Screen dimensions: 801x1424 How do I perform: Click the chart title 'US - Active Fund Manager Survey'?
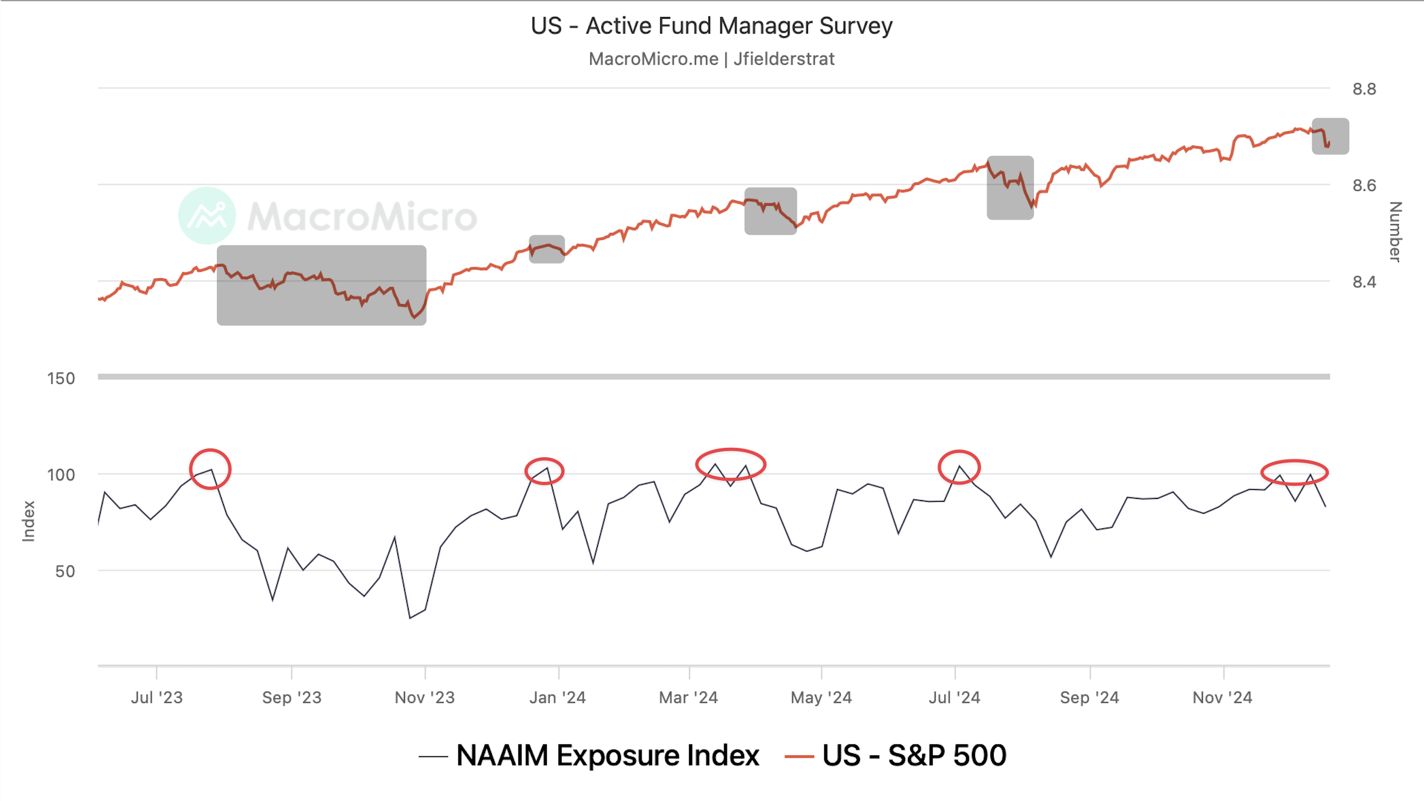click(x=711, y=26)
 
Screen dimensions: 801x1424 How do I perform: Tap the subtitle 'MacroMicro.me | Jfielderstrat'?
click(x=711, y=59)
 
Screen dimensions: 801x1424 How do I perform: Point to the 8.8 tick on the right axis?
click(x=1363, y=89)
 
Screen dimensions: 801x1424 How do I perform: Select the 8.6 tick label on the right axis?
click(x=1363, y=185)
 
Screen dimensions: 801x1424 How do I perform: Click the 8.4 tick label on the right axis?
click(x=1363, y=282)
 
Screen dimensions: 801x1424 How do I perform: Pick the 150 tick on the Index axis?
click(x=61, y=378)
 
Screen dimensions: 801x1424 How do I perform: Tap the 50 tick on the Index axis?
click(x=65, y=572)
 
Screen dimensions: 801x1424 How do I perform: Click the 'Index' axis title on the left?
click(x=28, y=522)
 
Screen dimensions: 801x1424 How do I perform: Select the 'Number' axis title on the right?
click(x=1395, y=232)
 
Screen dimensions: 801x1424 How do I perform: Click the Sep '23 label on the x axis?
click(x=292, y=698)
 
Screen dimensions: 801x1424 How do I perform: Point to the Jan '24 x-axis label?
click(x=558, y=698)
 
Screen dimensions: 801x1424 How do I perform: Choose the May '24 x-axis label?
click(x=821, y=698)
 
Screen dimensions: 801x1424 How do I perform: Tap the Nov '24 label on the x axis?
click(x=1222, y=698)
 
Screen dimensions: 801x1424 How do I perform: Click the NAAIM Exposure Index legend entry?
click(x=607, y=756)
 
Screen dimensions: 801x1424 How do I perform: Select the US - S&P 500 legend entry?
click(x=913, y=756)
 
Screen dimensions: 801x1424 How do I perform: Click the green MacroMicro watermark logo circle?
click(x=207, y=216)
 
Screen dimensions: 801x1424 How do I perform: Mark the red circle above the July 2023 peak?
click(x=210, y=469)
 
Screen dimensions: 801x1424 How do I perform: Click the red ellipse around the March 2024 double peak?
click(x=731, y=464)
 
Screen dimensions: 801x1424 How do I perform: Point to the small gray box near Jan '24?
click(x=547, y=249)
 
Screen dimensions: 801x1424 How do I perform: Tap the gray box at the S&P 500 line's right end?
click(x=1330, y=136)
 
